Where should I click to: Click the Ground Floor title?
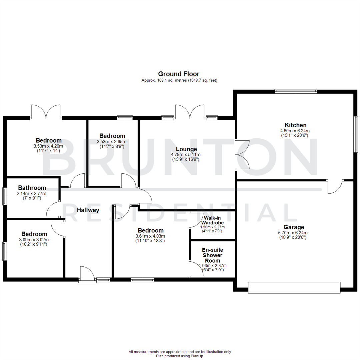[x=179, y=74]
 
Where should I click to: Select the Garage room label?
[x=294, y=227]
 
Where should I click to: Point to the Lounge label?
[x=186, y=149]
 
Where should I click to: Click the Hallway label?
[x=88, y=210]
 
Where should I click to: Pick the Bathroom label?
[x=32, y=188]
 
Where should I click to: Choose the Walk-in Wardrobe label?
[x=212, y=220]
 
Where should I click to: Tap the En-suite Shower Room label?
[x=212, y=255]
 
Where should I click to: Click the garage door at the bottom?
[x=294, y=287]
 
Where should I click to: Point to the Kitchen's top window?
[x=295, y=90]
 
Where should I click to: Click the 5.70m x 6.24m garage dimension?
[x=294, y=233]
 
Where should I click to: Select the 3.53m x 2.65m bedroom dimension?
[x=112, y=142]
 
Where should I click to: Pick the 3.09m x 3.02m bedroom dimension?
[x=35, y=240]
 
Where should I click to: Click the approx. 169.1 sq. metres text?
[x=179, y=81]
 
